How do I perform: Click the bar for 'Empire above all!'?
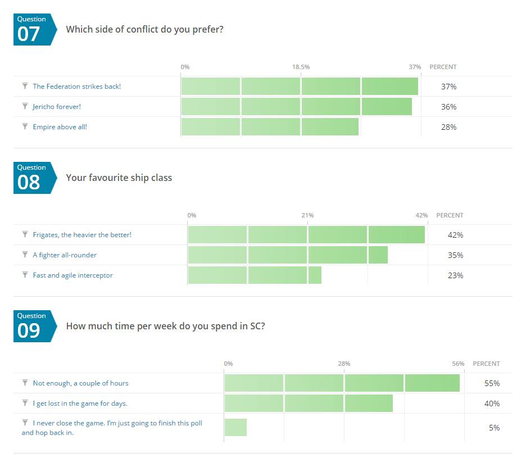pos(270,127)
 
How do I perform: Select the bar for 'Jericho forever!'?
pos(296,107)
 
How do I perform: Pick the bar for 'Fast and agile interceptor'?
pos(255,275)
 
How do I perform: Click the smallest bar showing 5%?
pos(235,428)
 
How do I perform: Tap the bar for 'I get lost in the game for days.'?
pos(309,403)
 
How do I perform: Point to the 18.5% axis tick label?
pos(301,67)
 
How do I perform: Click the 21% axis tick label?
pos(307,215)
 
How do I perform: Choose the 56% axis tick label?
pos(458,364)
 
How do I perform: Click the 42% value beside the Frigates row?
pos(455,235)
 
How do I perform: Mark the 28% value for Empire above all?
pos(448,127)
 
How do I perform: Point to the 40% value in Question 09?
pos(492,403)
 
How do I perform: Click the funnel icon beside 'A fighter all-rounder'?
pos(25,255)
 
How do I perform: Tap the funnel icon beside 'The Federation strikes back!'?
pos(25,86)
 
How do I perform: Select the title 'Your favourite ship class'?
pos(119,178)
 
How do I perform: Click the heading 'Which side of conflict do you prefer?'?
pos(144,29)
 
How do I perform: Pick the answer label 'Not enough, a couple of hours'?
pos(80,383)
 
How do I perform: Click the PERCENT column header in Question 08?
pos(450,215)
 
